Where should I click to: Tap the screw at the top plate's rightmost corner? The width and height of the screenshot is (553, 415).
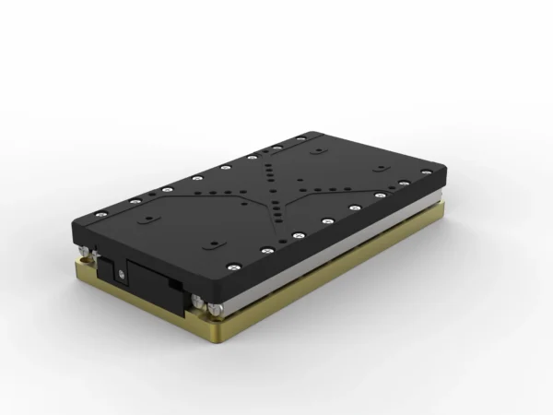[426, 172]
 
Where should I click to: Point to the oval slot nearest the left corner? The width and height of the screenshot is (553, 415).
[147, 221]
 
